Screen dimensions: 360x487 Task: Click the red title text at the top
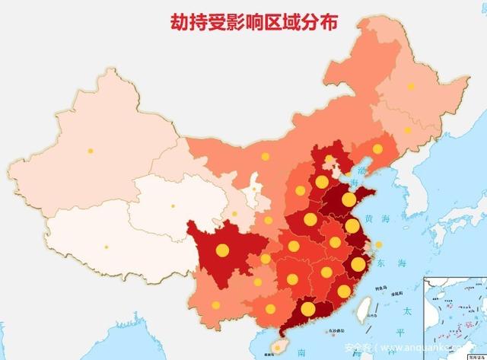tap(254, 22)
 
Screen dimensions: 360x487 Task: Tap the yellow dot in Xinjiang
tap(91, 151)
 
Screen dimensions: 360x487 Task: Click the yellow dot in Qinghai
tap(173, 205)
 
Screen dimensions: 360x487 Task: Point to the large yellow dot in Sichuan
tap(222, 250)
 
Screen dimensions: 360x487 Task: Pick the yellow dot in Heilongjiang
tap(412, 86)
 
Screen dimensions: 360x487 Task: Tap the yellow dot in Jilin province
tap(409, 129)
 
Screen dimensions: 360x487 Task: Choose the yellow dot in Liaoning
tap(378, 148)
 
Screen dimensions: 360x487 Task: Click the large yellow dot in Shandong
tap(349, 199)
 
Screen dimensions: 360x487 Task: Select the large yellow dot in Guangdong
tap(307, 309)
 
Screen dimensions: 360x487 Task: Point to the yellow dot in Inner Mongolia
tap(266, 157)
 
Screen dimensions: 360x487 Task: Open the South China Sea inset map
tap(454, 316)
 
